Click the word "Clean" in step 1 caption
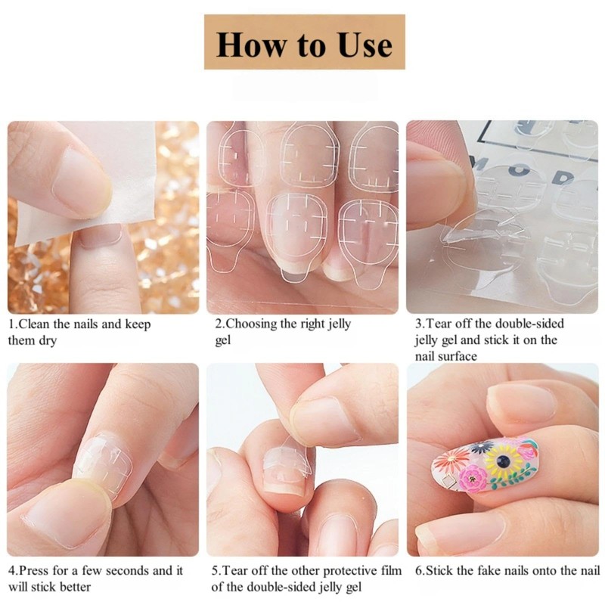[x=33, y=324]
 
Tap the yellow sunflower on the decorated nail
[x=502, y=461]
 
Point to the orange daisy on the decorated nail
[x=450, y=461]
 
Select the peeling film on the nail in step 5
[x=293, y=458]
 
